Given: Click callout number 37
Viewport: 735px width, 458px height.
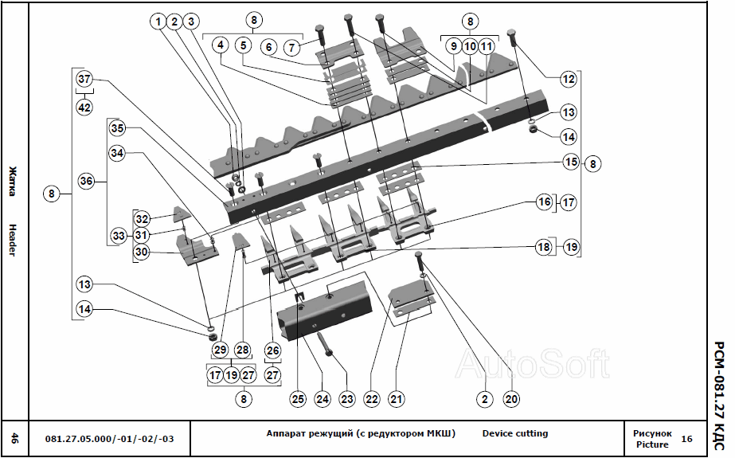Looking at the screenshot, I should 84,79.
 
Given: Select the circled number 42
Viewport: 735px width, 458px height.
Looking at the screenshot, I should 84,107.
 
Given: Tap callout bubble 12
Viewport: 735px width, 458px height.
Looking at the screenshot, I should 567,79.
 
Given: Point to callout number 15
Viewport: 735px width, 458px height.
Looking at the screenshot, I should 569,162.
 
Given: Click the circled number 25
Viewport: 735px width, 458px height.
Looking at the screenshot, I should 298,397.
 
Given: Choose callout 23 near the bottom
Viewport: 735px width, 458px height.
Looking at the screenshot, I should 346,397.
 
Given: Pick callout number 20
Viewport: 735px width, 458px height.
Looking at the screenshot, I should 511,397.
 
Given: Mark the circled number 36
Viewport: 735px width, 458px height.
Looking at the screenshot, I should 86,182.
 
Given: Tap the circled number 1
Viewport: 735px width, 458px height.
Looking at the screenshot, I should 158,22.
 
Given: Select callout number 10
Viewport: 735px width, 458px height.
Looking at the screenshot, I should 470,47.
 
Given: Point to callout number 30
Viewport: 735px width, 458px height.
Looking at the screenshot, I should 141,251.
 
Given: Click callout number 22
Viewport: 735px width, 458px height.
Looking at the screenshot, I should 371,397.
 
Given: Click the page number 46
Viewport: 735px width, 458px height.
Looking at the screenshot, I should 14,437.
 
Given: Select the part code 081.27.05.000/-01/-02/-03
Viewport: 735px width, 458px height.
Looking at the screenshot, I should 109,438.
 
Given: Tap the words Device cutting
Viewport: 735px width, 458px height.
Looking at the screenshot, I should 514,434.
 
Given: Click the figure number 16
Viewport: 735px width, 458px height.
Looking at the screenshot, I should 686,439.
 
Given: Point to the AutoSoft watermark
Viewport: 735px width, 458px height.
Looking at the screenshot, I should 531,364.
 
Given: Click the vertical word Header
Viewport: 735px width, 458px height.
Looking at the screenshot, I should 13,239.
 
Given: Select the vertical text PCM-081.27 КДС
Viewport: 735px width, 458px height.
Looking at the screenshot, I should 718,387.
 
